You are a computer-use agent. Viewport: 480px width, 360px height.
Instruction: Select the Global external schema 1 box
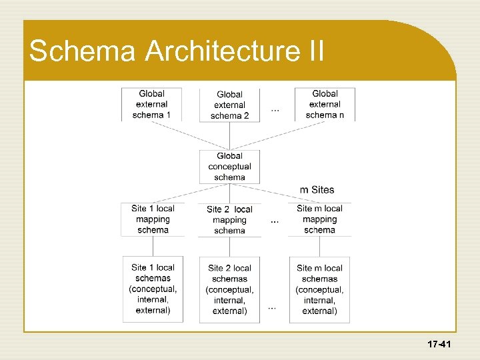pyautogui.click(x=151, y=104)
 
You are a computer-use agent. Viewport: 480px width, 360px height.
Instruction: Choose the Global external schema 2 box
pyautogui.click(x=230, y=105)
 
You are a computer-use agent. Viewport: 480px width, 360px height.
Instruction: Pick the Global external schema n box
pyautogui.click(x=325, y=104)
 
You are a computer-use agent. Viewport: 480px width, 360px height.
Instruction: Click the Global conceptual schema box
pyautogui.click(x=230, y=167)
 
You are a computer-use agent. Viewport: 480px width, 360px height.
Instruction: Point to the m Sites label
pyautogui.click(x=317, y=190)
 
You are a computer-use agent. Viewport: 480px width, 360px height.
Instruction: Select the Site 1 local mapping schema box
pyautogui.click(x=153, y=219)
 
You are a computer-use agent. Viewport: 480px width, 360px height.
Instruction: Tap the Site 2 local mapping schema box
pyautogui.click(x=230, y=220)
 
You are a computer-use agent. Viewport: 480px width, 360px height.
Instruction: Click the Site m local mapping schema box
pyautogui.click(x=319, y=219)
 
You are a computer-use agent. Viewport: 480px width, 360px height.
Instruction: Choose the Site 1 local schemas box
pyautogui.click(x=153, y=289)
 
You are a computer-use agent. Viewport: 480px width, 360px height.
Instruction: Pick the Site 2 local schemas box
pyautogui.click(x=230, y=289)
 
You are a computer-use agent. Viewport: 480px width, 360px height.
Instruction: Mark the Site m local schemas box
pyautogui.click(x=319, y=289)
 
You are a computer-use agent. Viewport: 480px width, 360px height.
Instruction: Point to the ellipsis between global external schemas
pyautogui.click(x=275, y=109)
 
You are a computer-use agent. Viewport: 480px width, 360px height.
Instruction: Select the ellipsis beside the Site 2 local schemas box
pyautogui.click(x=272, y=307)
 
